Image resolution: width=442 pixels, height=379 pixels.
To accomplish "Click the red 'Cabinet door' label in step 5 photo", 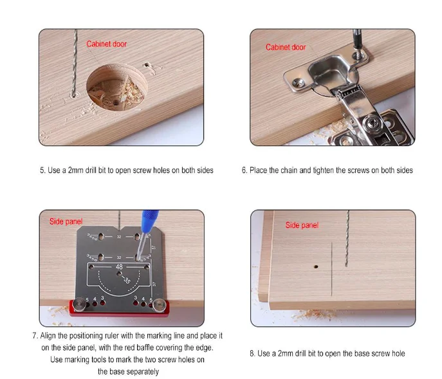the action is click(106, 44).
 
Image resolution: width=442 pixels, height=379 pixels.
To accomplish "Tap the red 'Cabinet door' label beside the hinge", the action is click(286, 47).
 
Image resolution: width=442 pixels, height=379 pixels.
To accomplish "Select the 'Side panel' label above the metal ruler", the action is click(66, 221).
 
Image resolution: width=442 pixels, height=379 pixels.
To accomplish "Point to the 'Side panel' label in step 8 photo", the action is click(302, 225).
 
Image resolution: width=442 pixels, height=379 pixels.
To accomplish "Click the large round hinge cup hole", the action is click(116, 87).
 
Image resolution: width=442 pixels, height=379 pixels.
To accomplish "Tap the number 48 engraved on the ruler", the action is click(119, 266).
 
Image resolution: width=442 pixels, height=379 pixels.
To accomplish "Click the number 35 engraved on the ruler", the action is click(127, 280).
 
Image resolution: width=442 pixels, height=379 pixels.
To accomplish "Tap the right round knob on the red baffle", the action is click(160, 306).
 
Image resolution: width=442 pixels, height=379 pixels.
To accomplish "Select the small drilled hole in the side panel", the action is click(316, 266).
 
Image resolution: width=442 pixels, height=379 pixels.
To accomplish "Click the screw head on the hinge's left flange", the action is click(299, 82).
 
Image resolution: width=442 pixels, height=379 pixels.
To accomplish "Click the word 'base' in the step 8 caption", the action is click(361, 354).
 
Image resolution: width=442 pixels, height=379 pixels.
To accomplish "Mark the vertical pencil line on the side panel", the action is click(332, 269).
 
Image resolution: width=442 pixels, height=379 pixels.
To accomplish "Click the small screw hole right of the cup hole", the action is click(147, 65).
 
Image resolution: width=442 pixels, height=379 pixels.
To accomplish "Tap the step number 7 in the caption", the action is click(34, 336).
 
